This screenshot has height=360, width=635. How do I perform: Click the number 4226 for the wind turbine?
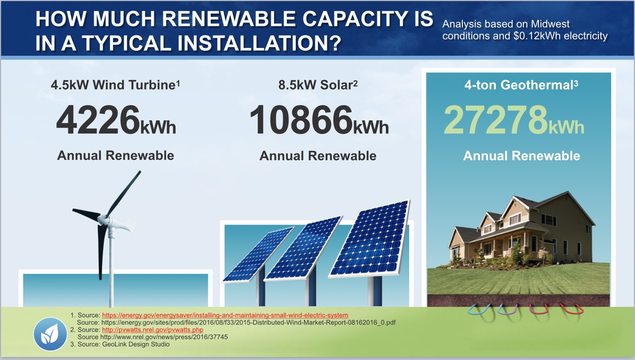pyautogui.click(x=97, y=120)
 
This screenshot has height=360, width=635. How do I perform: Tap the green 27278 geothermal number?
pyautogui.click(x=495, y=120)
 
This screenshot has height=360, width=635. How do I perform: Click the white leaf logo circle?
pyautogui.click(x=50, y=334)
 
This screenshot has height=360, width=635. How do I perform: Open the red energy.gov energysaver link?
pyautogui.click(x=225, y=315)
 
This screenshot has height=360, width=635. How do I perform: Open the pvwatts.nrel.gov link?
pyautogui.click(x=152, y=330)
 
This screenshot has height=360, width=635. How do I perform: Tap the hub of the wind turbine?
pyautogui.click(x=105, y=219)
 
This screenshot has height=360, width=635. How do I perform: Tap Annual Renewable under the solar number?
pyautogui.click(x=317, y=156)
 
